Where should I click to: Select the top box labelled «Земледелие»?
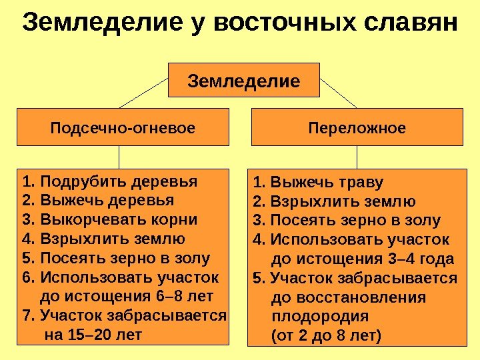[244, 81]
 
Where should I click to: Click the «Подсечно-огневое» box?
[123, 127]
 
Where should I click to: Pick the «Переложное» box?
[357, 127]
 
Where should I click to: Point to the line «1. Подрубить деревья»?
[109, 181]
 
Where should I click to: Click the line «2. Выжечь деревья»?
[97, 201]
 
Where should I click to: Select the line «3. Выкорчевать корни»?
[109, 219]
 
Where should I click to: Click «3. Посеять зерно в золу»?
[347, 221]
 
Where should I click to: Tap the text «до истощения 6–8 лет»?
[127, 295]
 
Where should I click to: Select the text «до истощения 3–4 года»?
[363, 259]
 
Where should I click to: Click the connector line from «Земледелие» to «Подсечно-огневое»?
[143, 93]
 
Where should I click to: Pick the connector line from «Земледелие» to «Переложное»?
[339, 93]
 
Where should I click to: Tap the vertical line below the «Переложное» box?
[357, 157]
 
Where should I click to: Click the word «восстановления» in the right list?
[349, 297]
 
